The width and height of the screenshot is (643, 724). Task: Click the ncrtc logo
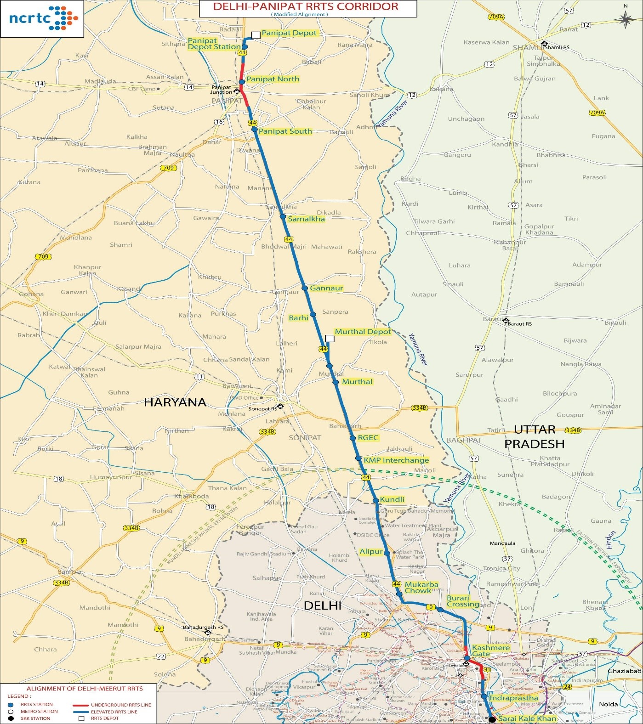coord(42,18)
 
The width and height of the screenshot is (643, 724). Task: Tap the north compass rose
coord(625,19)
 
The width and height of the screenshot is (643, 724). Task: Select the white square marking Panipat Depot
coord(256,35)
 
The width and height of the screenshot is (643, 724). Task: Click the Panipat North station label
coord(273,79)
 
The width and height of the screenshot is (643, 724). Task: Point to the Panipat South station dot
coord(254,130)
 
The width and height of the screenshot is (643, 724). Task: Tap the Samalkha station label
coord(306,219)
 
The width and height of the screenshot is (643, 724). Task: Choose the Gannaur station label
coord(326,288)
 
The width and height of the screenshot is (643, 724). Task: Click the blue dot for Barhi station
coord(313,315)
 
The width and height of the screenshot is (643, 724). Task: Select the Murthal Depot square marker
coord(330,339)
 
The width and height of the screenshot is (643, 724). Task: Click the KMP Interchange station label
coord(396,460)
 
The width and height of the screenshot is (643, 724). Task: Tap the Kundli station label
coord(392,499)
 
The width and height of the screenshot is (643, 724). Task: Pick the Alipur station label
coord(371,552)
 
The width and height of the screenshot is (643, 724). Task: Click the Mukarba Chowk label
coord(421,588)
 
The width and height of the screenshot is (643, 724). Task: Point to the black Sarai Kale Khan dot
coord(492,719)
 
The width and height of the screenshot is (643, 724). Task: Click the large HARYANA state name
coord(175,402)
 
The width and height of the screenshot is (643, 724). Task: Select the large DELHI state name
coord(322,605)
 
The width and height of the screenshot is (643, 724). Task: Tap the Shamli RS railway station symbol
coord(544,45)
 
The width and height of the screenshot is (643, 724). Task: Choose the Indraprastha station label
coord(513,698)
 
